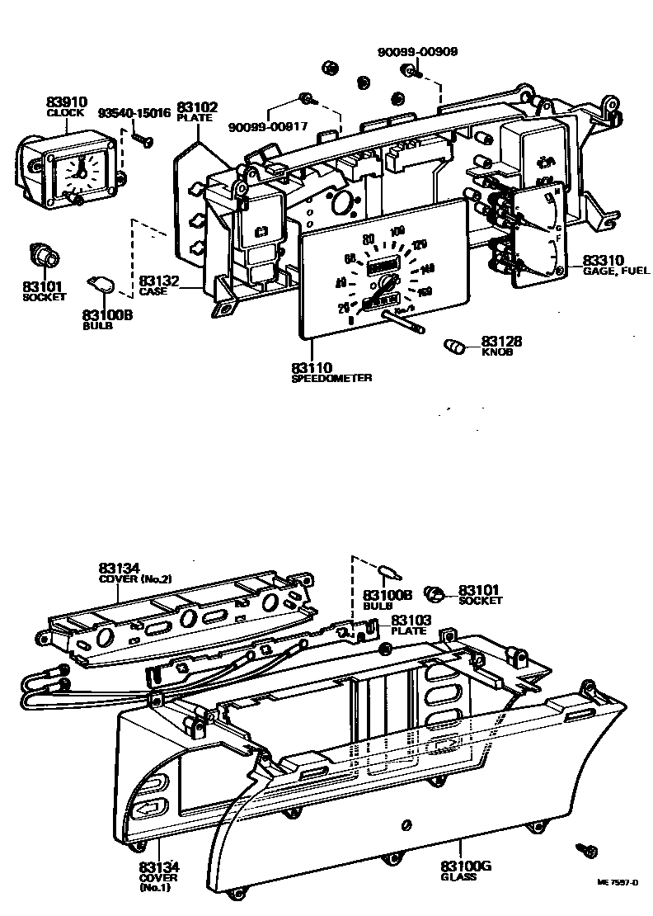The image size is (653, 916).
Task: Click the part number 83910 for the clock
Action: (x=65, y=102)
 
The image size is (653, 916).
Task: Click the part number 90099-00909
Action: (x=417, y=51)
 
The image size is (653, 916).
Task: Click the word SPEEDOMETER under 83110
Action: (x=331, y=378)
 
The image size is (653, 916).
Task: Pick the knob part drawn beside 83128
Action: (x=455, y=344)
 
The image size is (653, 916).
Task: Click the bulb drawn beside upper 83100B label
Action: (x=102, y=285)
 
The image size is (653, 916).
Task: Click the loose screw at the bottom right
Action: (x=588, y=851)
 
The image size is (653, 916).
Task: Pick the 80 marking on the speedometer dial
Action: (x=369, y=239)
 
